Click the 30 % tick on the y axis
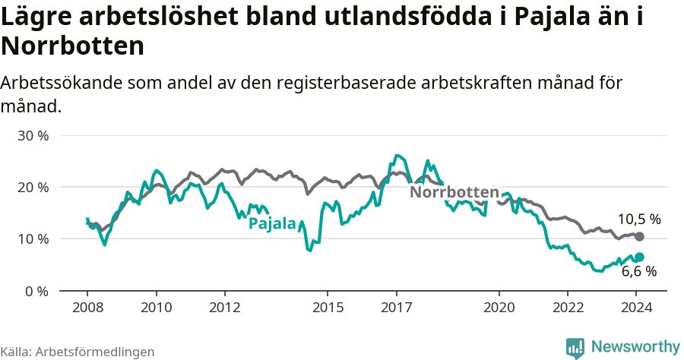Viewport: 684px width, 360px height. [x=33, y=136]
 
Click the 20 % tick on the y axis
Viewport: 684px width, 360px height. [x=33, y=188]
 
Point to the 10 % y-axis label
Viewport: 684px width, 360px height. [x=33, y=239]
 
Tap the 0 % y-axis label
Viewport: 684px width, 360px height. [x=36, y=291]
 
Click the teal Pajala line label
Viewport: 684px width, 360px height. [x=272, y=223]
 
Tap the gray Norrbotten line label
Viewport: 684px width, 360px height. [x=454, y=192]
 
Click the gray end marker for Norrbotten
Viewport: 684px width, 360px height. [x=639, y=237]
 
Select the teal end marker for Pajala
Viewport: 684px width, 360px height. [x=639, y=257]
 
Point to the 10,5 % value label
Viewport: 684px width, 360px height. [x=638, y=219]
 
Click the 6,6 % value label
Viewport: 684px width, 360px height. [x=638, y=271]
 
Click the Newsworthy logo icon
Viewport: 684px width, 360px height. [x=575, y=347]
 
